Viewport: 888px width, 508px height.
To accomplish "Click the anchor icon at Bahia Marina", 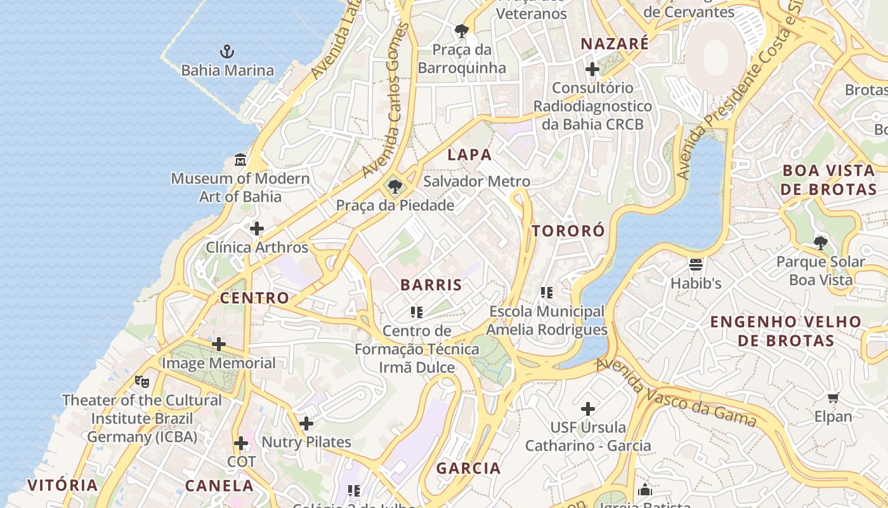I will coord(227,51).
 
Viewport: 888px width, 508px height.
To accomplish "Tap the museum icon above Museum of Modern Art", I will coord(240,159).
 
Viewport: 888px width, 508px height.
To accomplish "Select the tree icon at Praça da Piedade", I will coord(395,187).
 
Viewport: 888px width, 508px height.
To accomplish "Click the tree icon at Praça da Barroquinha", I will coord(462,30).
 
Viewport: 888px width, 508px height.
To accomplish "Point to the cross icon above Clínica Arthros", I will coord(257,229).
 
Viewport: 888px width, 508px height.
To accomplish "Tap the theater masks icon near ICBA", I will coord(142,381).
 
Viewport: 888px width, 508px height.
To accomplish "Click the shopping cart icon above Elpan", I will coord(833,398).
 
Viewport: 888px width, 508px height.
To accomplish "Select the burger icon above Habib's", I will coord(696,264).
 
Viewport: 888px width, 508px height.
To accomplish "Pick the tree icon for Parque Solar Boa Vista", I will coord(821,243).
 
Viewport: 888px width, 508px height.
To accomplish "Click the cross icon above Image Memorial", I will coord(219,344).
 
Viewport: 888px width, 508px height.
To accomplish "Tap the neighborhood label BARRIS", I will coord(431,285).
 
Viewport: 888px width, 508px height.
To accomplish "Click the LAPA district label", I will coord(469,155).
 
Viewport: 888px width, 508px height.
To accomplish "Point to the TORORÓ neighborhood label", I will coord(568,231).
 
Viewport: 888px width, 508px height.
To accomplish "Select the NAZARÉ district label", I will coord(615,44).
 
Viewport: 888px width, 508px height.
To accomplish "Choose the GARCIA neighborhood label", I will coord(468,469).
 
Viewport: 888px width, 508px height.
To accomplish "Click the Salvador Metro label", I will coord(476,182).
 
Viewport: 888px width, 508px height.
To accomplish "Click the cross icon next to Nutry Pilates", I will coord(306,424).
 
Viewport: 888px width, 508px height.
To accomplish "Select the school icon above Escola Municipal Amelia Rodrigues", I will coord(547,293).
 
